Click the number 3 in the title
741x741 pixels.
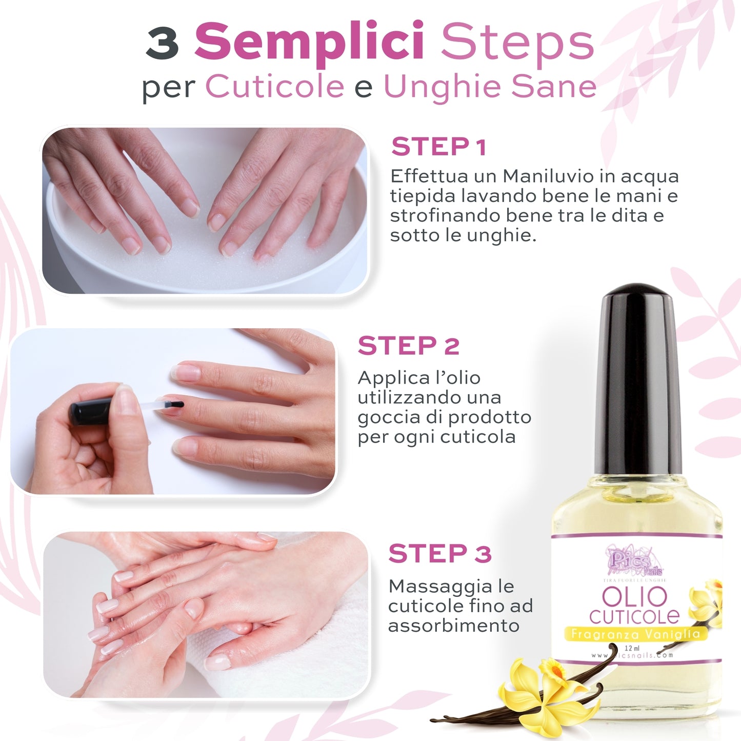click(162, 44)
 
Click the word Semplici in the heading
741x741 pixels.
click(309, 42)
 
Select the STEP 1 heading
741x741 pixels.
click(438, 147)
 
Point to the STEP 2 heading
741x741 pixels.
click(408, 346)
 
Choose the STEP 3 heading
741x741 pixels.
click(439, 554)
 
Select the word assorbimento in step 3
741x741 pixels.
click(453, 626)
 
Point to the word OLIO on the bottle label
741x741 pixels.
click(634, 597)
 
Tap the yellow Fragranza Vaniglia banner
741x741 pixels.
click(635, 634)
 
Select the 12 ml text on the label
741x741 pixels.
click(632, 648)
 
